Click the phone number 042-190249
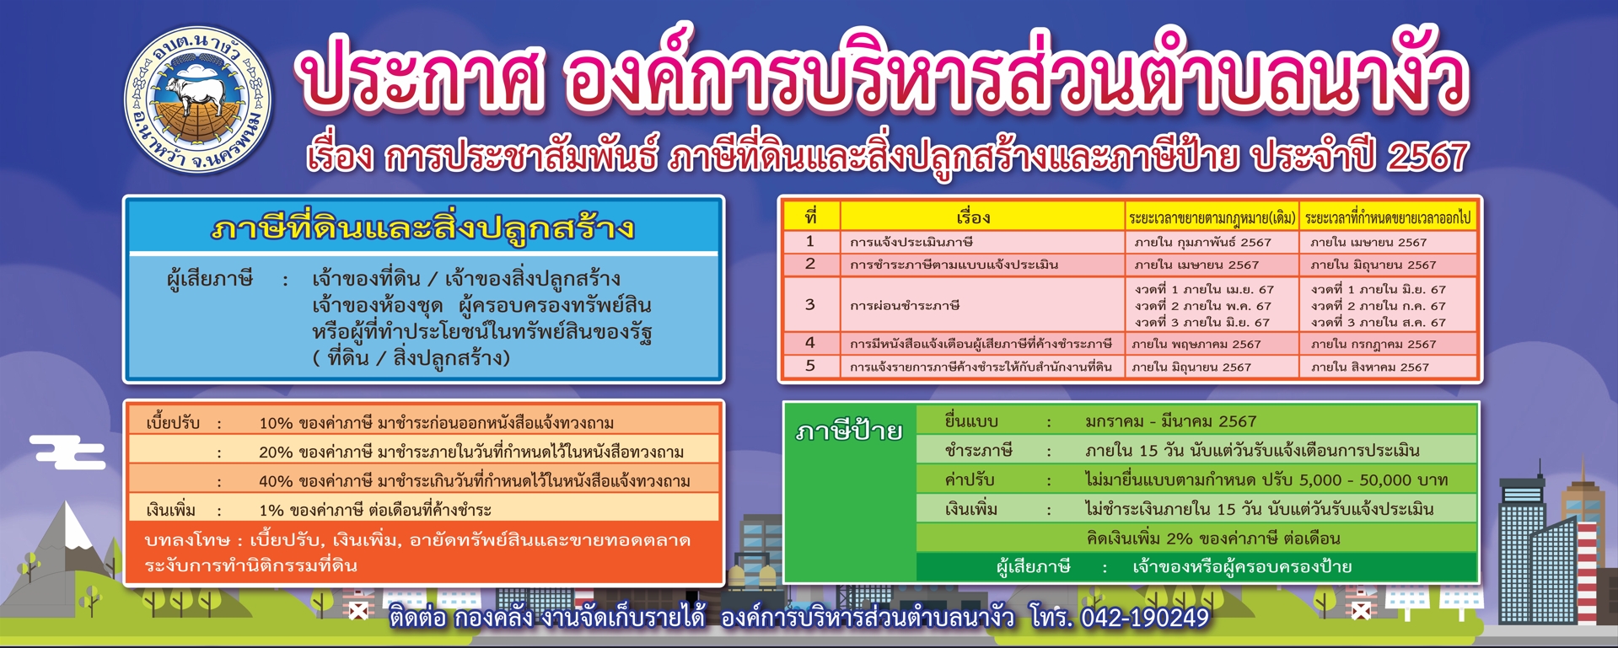[x=1144, y=618]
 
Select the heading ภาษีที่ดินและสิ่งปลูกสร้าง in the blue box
[x=422, y=228]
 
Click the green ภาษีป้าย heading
[x=848, y=431]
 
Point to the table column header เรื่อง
[x=973, y=217]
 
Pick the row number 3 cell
[x=810, y=304]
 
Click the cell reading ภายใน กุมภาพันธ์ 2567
[x=1202, y=242]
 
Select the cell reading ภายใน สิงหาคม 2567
[x=1369, y=367]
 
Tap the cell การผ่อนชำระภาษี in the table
[x=893, y=305]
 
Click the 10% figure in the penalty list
[x=276, y=423]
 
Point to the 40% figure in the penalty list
[x=276, y=481]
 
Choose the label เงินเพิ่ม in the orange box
[x=171, y=510]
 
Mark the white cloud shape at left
[x=67, y=451]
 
